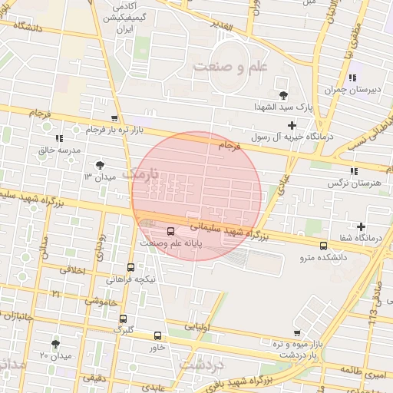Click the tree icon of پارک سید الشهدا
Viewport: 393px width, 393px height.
pyautogui.click(x=285, y=95)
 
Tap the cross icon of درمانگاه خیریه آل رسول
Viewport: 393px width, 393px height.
pyautogui.click(x=292, y=124)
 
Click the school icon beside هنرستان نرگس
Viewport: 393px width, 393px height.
pyautogui.click(x=353, y=171)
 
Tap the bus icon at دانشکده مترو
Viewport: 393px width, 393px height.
pyautogui.click(x=323, y=246)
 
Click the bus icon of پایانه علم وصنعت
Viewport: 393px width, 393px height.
pyautogui.click(x=170, y=230)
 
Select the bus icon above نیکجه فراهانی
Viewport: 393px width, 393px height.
pyautogui.click(x=130, y=268)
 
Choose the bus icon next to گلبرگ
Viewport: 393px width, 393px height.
pyautogui.click(x=123, y=319)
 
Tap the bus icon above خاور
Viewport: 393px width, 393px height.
pyautogui.click(x=157, y=335)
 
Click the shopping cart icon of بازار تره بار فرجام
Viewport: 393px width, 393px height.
pyautogui.click(x=114, y=118)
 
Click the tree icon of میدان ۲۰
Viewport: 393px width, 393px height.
pyautogui.click(x=55, y=344)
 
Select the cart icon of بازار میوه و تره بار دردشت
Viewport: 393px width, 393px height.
pyautogui.click(x=296, y=333)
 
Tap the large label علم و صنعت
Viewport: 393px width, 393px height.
pyautogui.click(x=230, y=68)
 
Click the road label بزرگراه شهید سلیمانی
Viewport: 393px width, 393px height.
pyautogui.click(x=230, y=233)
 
